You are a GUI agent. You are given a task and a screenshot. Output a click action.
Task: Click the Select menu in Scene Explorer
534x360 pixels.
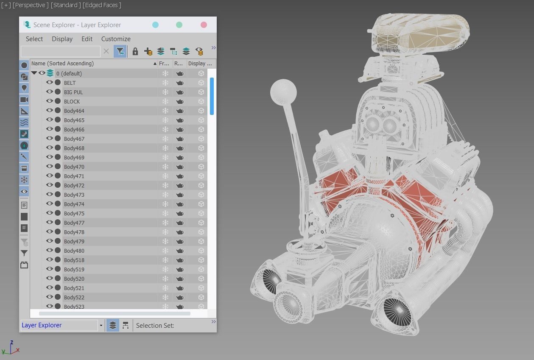pos(34,39)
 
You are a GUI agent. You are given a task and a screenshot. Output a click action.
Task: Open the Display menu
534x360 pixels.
pos(62,39)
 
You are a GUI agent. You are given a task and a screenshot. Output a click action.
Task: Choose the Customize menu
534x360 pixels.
pos(116,39)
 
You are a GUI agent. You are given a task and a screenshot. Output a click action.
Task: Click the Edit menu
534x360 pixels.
pos(87,39)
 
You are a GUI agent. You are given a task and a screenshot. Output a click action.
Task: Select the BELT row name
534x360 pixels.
pos(70,83)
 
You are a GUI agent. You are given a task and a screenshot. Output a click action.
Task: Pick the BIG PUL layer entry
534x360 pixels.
pos(73,92)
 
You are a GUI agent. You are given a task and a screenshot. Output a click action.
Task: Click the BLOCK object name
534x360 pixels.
pos(72,101)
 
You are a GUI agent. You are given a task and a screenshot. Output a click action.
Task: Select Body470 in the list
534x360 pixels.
pos(74,167)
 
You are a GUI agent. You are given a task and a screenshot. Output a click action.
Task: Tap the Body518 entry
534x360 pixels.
pos(74,260)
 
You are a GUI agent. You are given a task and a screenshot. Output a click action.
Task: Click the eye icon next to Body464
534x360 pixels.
pos(50,110)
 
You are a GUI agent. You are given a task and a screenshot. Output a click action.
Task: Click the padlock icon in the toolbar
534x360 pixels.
pos(135,51)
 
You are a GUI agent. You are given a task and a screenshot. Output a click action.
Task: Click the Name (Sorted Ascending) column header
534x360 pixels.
pos(62,63)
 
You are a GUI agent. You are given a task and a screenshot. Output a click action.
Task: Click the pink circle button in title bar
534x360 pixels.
pos(204,25)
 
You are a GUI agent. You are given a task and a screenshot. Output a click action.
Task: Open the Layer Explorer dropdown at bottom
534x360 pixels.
pos(101,326)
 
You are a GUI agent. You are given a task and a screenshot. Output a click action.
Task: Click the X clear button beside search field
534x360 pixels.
pos(106,51)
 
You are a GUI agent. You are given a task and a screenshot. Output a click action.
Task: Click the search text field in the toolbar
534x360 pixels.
pos(60,51)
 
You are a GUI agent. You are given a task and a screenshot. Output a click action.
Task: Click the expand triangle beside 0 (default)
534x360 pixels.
pos(34,73)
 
